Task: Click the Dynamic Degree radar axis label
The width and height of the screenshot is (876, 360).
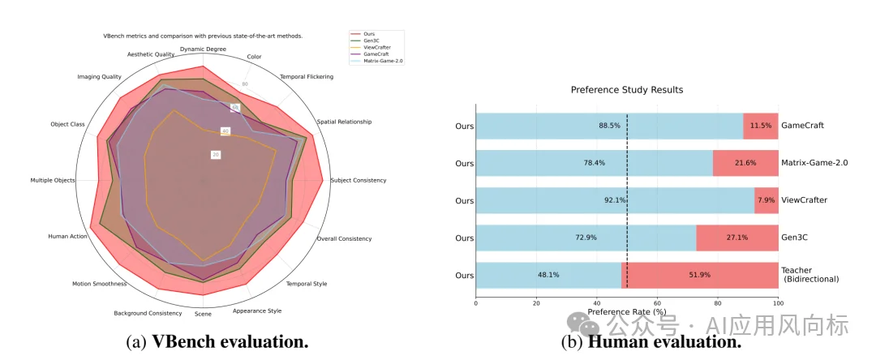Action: pyautogui.click(x=203, y=49)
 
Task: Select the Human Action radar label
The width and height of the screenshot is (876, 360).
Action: pyautogui.click(x=67, y=236)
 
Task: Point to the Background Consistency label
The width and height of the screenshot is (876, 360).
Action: pyautogui.click(x=148, y=313)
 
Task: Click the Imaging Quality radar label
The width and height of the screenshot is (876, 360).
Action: pyautogui.click(x=99, y=77)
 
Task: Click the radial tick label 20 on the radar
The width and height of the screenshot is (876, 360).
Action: pyautogui.click(x=215, y=155)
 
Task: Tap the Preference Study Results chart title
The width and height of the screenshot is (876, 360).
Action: pyautogui.click(x=626, y=89)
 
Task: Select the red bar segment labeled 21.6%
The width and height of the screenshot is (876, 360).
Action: pyautogui.click(x=745, y=163)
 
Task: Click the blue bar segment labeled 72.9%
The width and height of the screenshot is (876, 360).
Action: pyautogui.click(x=586, y=238)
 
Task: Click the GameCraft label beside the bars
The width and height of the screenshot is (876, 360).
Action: pyautogui.click(x=802, y=126)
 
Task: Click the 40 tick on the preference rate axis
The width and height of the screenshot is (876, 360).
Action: pyautogui.click(x=596, y=303)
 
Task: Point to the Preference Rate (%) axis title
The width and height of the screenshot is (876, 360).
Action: pyautogui.click(x=626, y=312)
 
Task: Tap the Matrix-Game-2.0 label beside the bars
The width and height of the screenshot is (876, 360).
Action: pyautogui.click(x=814, y=163)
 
